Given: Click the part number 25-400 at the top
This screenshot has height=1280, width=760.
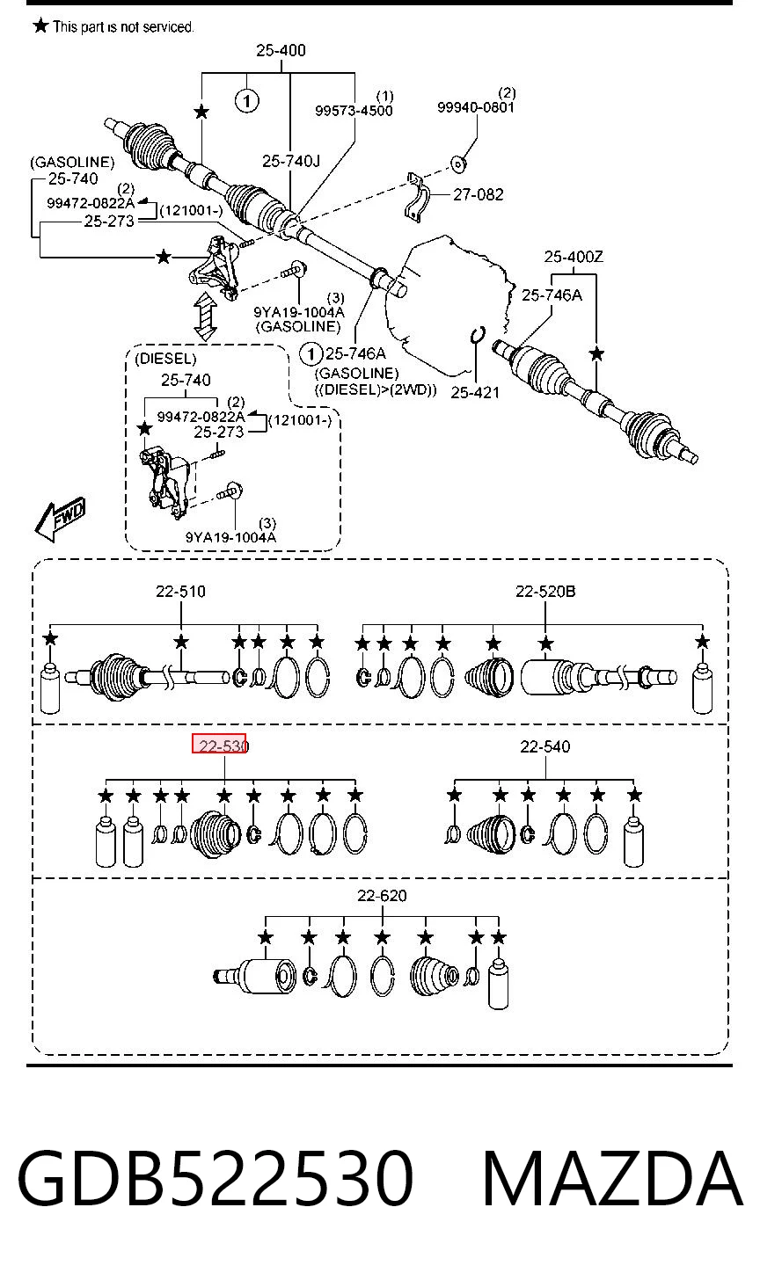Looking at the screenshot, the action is coord(281,50).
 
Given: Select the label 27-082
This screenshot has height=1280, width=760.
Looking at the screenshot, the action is coord(478,195).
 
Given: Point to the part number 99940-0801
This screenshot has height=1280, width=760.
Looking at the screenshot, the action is coord(475,107).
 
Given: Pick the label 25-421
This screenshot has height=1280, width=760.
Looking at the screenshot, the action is coord(475,393).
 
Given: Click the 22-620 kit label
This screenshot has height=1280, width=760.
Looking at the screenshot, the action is coord(382,896).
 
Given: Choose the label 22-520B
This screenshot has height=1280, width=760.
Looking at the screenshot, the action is coord(545,592).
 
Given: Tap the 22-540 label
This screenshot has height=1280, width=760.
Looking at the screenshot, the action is coord(545,746).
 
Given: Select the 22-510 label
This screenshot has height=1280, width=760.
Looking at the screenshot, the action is coord(180,592).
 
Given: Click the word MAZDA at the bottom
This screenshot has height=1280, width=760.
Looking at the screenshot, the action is coord(612,1178).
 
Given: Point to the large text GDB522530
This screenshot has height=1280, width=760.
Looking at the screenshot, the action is coord(215,1178).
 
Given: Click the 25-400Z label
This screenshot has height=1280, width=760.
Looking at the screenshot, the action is coord(573,257).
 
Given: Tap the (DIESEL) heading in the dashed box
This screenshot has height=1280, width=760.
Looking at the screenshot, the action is coord(165,359).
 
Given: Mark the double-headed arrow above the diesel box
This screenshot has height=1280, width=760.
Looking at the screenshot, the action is coord(205,316).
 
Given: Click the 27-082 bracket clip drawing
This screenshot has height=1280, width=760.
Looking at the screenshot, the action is coord(416,198).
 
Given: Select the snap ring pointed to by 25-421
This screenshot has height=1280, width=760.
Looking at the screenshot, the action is coord(478,336).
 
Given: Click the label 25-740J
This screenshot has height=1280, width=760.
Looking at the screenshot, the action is coord(291,162).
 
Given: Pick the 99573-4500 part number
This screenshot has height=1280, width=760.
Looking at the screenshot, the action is coord(354,111).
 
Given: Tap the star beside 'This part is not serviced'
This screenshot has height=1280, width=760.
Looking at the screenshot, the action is coord(40,25).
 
